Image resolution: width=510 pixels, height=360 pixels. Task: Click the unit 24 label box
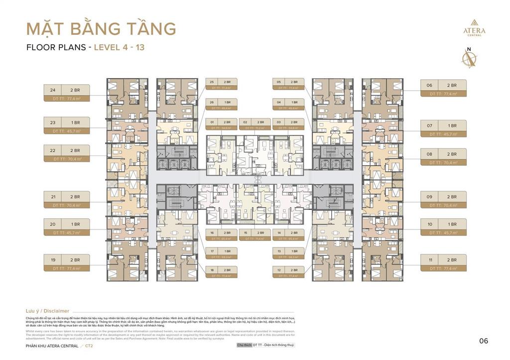(x=66, y=93)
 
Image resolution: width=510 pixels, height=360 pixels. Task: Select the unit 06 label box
(x=443, y=88)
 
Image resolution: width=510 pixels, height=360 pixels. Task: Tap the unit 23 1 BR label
(x=66, y=125)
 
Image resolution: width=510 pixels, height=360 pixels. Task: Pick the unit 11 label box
(x=443, y=263)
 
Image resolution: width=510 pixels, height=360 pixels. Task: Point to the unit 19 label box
(x=66, y=263)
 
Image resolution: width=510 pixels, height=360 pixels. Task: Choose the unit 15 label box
(x=255, y=235)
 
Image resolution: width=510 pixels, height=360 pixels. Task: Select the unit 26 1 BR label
(x=221, y=105)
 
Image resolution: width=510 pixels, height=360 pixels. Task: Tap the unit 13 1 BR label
(x=288, y=254)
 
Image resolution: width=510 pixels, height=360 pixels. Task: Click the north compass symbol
(x=468, y=58)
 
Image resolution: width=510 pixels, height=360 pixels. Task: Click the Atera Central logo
(x=474, y=27)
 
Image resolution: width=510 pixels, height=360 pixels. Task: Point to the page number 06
(x=484, y=341)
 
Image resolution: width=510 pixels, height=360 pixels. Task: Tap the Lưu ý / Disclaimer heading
(x=47, y=311)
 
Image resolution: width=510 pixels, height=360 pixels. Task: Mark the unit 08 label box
(x=443, y=157)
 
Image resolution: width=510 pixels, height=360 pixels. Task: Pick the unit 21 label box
(x=66, y=200)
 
